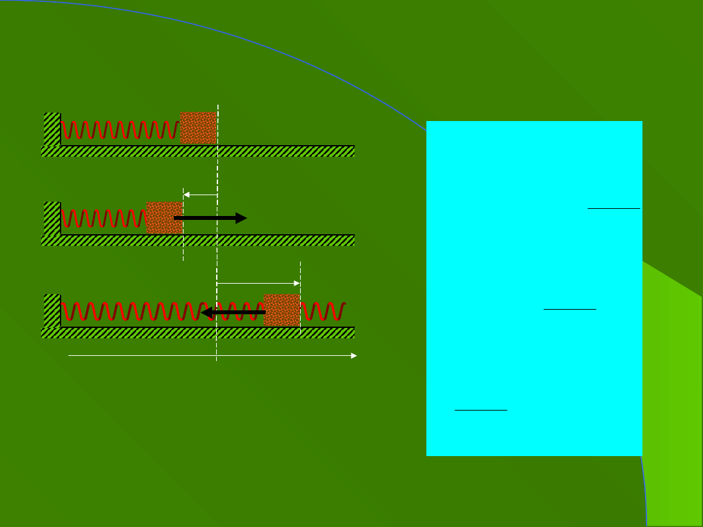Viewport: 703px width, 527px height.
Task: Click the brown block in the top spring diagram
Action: (198, 128)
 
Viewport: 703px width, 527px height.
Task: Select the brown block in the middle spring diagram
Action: (164, 217)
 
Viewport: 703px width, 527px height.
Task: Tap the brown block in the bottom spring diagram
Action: (281, 310)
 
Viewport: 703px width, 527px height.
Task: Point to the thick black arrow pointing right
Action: (210, 218)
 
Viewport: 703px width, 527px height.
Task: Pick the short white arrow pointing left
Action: (200, 195)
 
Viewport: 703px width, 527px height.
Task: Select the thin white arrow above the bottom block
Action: (258, 283)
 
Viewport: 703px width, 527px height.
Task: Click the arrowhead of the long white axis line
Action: (353, 356)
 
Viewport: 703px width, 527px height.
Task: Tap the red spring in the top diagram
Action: (120, 129)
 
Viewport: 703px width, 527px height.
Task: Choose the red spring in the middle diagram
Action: (103, 218)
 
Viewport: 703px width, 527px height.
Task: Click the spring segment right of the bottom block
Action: (323, 312)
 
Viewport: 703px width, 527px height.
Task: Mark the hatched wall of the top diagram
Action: (51, 128)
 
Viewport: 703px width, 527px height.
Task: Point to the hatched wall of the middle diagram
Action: (51, 218)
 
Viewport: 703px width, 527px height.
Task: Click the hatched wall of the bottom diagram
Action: (51, 310)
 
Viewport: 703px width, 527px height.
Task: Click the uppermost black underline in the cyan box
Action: (614, 208)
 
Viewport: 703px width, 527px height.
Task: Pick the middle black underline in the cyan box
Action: (570, 309)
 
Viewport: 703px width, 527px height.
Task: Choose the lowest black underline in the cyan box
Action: (480, 410)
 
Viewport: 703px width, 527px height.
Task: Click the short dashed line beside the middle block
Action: (184, 250)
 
